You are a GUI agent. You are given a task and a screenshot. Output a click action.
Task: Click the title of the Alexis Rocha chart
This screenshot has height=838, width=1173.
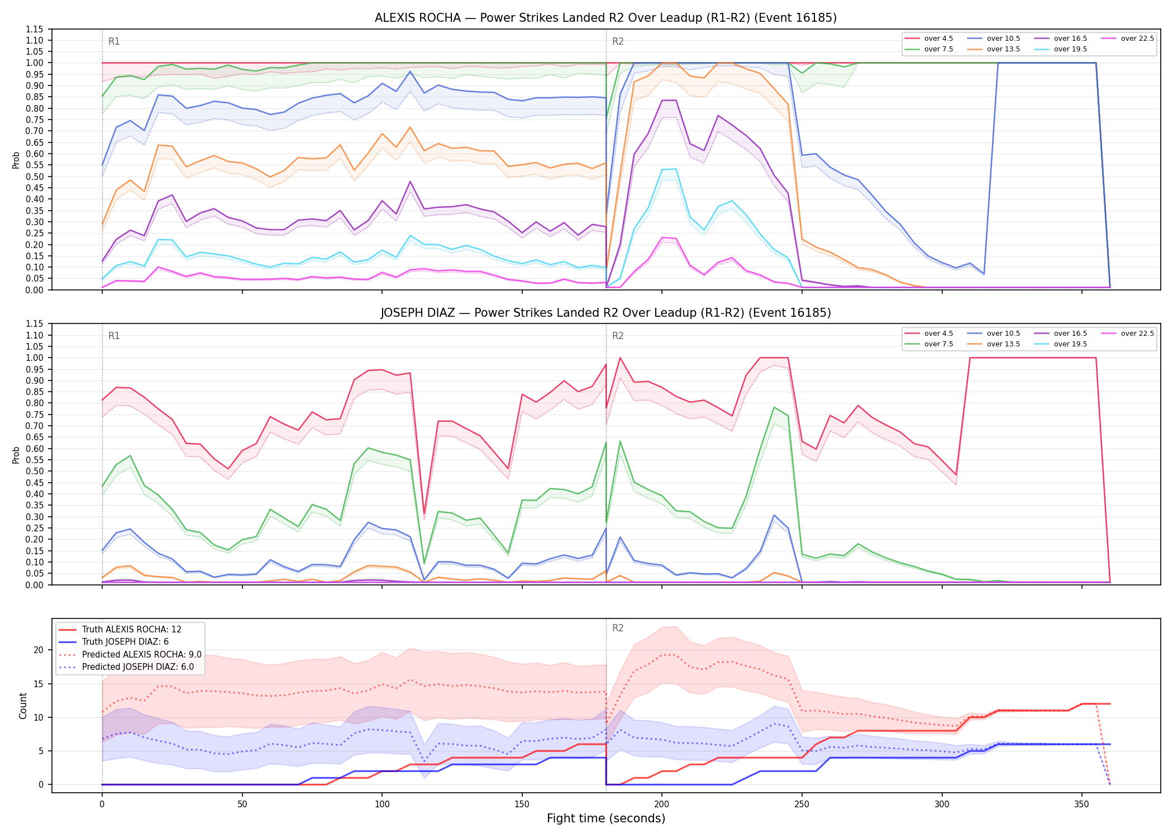[605, 18]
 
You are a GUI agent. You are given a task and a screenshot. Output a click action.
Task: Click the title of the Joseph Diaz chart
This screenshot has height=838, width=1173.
[605, 313]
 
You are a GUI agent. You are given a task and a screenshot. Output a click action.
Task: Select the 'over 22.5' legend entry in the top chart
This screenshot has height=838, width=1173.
[1128, 39]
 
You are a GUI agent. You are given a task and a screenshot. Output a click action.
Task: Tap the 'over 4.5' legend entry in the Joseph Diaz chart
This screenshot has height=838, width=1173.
[929, 334]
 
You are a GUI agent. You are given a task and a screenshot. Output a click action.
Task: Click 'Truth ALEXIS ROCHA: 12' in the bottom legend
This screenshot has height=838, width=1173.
[120, 629]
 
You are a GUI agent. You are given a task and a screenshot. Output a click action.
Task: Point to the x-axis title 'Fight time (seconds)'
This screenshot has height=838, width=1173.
[606, 818]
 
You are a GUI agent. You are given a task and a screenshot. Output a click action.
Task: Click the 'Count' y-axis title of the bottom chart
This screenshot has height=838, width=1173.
[23, 706]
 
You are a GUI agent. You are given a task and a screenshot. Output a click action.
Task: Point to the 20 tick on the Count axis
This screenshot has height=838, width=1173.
[39, 650]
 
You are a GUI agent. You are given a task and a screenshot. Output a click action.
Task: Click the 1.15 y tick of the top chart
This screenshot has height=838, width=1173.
[35, 29]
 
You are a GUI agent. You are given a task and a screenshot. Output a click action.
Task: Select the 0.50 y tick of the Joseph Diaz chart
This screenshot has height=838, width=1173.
[35, 472]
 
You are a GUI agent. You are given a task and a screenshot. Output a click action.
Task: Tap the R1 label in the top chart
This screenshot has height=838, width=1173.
[114, 41]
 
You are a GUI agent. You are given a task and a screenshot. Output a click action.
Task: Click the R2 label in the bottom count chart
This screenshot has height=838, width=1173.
[618, 628]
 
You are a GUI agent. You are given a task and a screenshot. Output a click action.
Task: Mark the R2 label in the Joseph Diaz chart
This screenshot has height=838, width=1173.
[618, 336]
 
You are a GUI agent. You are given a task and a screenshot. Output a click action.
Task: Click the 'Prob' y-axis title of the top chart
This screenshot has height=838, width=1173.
[16, 160]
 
